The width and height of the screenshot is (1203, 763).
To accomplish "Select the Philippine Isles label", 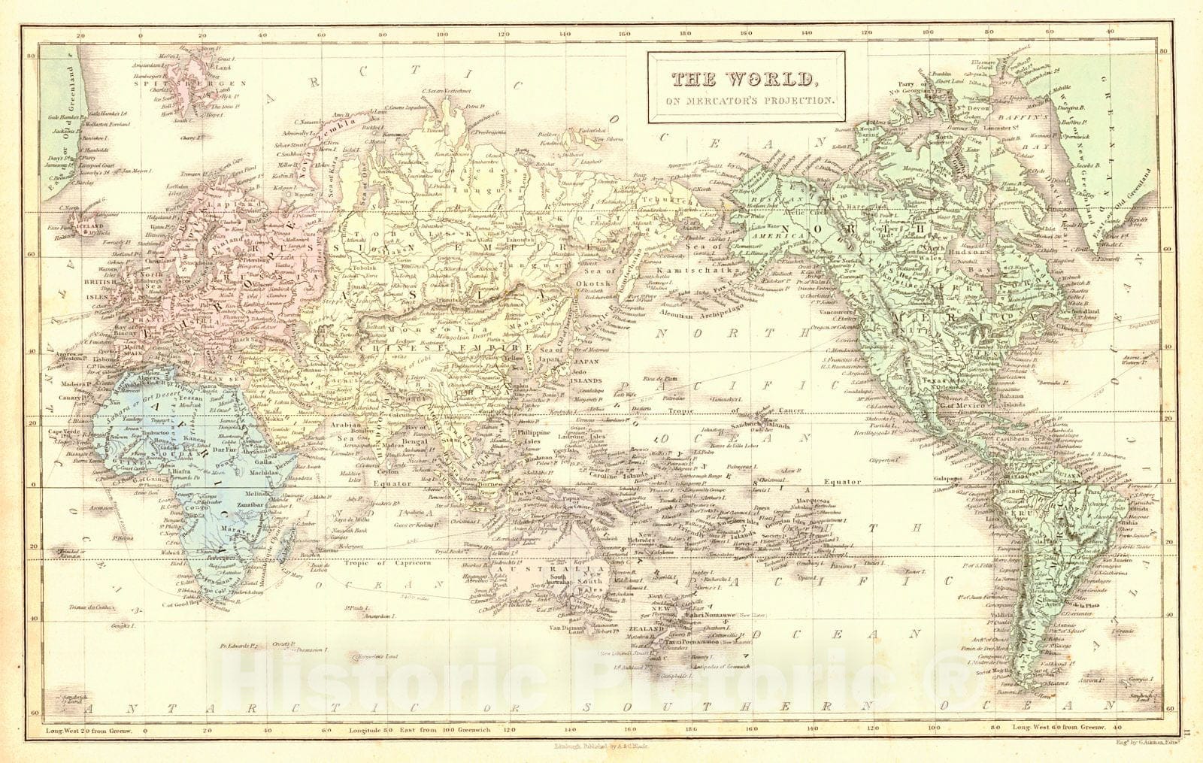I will (x=532, y=438).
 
